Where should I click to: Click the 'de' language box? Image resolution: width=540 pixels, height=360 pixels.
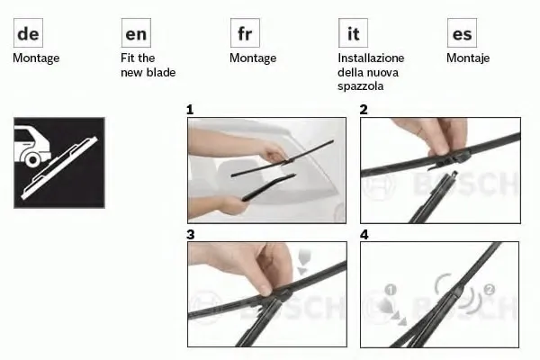pos(28,33)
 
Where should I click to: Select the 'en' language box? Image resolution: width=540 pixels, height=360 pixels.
pos(136,33)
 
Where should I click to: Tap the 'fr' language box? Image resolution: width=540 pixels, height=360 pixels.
pos(245,33)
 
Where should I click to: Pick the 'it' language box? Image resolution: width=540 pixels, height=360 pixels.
pos(353,33)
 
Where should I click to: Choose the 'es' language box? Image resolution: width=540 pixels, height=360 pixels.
pos(462,33)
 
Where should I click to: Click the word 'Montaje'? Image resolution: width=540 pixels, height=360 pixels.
pos(468,58)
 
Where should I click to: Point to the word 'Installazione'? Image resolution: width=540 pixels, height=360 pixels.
pos(371,58)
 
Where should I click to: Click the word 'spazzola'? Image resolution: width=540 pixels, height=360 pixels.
pos(361,86)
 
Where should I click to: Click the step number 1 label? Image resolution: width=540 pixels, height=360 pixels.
pos(190,110)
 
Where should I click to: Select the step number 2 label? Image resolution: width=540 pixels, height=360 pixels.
pos(364,110)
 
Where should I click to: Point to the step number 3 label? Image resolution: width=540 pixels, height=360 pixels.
pos(191,235)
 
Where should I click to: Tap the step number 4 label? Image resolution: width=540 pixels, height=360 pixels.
pos(364,235)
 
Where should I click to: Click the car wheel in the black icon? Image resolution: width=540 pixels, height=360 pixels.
pos(33,159)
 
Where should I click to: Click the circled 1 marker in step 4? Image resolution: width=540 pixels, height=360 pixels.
pos(391,290)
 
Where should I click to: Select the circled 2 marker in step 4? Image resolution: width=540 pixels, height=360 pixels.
pos(490,290)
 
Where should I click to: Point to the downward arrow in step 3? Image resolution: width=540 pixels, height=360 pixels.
pos(303,262)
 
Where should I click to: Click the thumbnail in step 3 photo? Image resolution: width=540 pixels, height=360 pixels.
pos(265,290)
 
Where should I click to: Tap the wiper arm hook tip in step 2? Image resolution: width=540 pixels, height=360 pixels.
pos(454,174)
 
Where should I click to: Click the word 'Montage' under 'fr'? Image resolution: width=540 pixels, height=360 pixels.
pos(253,58)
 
